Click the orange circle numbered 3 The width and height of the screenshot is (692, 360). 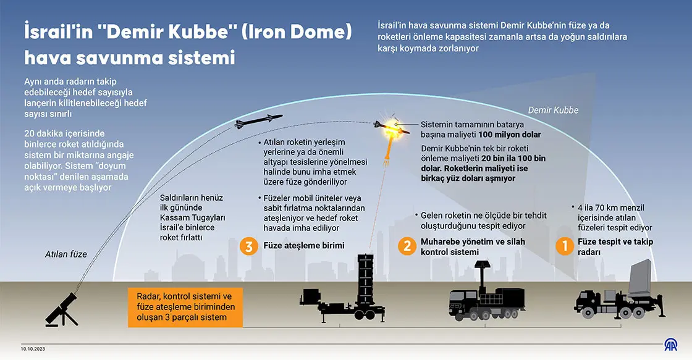pos(249,246)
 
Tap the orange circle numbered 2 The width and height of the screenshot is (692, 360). pos(407,246)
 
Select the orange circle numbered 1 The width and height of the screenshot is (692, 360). pos(565,246)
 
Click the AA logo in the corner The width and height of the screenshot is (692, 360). pos(671,345)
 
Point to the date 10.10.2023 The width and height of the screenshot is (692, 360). pos(33,349)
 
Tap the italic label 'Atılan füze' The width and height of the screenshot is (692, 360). pos(65,254)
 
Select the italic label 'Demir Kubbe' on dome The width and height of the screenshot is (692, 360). pos(553,111)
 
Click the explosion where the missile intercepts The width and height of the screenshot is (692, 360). pos(392,128)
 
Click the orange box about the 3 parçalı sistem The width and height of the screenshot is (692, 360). pos(185,307)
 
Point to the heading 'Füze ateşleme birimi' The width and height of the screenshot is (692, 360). pos(304,246)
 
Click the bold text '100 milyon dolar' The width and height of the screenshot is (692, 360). pos(510,135)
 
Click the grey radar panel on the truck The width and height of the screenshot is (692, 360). pos(640,277)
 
